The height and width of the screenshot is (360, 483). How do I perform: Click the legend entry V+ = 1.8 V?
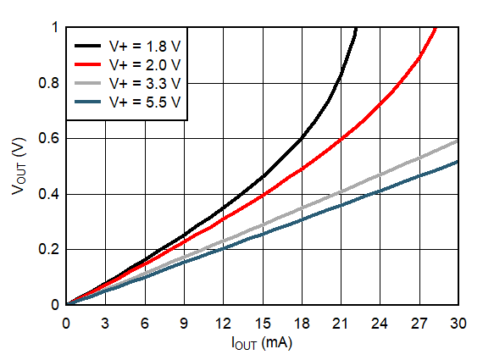point(144,45)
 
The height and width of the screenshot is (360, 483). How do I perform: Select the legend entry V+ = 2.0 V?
point(144,64)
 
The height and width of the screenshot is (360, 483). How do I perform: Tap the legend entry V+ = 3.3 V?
point(144,83)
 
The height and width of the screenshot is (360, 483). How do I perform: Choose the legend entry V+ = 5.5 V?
point(144,102)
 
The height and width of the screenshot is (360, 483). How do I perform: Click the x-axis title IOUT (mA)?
point(263,345)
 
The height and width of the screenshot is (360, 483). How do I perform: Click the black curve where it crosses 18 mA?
point(302,137)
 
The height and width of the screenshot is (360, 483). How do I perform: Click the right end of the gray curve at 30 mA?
point(458,141)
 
